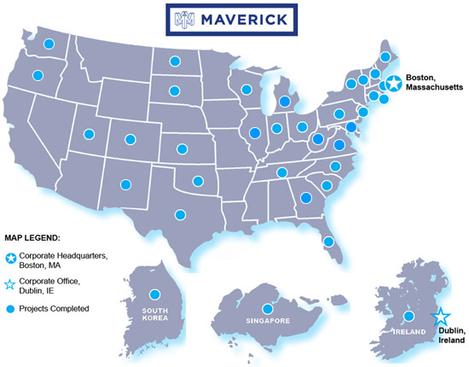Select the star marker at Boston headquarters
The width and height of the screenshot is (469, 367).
[394, 84]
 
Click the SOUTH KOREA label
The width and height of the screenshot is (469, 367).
[155, 313]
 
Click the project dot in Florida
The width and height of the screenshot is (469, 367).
[327, 242]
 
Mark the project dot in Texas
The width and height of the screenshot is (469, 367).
[179, 214]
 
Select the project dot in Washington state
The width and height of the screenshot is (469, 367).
[49, 44]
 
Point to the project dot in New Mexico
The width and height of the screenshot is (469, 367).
[127, 183]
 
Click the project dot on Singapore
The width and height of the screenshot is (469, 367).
[267, 309]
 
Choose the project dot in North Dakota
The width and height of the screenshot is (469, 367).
[174, 61]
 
